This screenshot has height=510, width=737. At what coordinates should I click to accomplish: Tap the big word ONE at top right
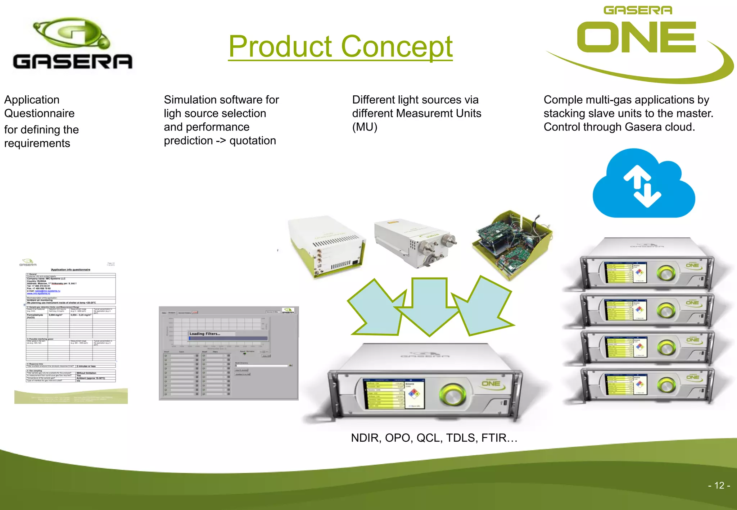click(x=636, y=37)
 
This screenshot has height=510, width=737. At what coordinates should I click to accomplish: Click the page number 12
click(x=719, y=485)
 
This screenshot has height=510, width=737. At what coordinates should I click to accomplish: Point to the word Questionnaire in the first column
click(x=39, y=113)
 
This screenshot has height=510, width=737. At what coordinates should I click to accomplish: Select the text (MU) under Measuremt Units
click(x=365, y=127)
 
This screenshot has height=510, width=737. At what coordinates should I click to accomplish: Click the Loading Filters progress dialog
click(x=228, y=336)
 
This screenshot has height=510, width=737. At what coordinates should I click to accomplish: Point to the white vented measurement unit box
click(x=327, y=246)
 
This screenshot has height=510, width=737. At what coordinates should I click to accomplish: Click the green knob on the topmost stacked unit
click(x=666, y=273)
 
